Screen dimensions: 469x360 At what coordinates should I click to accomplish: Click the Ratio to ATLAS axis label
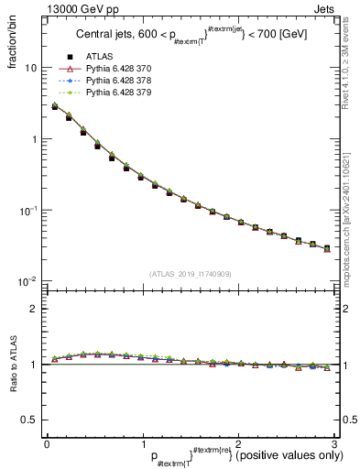(x=12, y=363)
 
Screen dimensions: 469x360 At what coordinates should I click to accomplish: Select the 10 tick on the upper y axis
(x=30, y=69)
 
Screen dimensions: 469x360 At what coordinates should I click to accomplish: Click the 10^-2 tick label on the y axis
(x=27, y=281)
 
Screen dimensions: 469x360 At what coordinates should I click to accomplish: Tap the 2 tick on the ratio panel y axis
(x=34, y=310)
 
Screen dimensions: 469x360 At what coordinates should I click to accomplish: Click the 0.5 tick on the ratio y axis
(x=30, y=420)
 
